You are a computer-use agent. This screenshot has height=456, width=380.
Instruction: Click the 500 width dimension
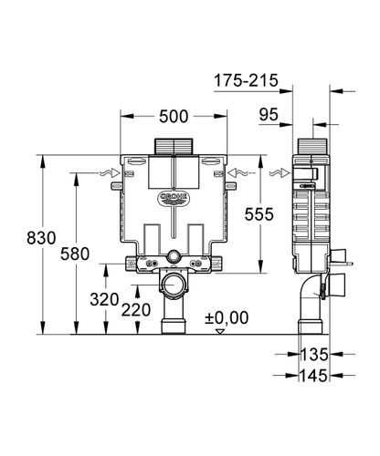pyautogui.click(x=174, y=117)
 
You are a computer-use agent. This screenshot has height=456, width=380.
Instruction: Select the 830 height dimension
pyautogui.click(x=41, y=238)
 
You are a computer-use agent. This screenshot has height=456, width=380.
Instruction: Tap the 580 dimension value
pyautogui.click(x=75, y=254)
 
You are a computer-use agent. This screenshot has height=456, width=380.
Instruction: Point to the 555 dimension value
pyautogui.click(x=259, y=214)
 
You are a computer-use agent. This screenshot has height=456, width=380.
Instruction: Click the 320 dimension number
pyautogui.click(x=104, y=300)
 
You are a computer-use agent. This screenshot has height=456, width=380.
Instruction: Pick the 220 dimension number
pyautogui.click(x=136, y=310)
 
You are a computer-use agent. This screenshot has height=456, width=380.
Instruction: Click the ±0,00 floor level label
pyautogui.click(x=227, y=318)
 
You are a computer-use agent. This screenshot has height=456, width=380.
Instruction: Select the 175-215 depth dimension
pyautogui.click(x=246, y=80)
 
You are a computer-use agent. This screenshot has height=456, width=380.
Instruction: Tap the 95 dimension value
pyautogui.click(x=269, y=115)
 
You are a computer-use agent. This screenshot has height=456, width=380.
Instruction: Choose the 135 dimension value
pyautogui.click(x=314, y=355)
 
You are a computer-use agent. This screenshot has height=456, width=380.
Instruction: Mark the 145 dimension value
pyautogui.click(x=314, y=376)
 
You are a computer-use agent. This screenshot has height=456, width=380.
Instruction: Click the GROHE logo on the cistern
pyautogui.click(x=174, y=199)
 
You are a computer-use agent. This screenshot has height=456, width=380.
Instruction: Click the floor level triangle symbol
pyautogui.click(x=219, y=332)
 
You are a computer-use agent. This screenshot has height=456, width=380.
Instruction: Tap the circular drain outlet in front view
pyautogui.click(x=174, y=285)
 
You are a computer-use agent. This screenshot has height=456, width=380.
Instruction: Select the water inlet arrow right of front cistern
pyautogui.click(x=238, y=173)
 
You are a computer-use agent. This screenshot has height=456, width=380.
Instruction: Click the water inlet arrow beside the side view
pyautogui.click(x=280, y=173)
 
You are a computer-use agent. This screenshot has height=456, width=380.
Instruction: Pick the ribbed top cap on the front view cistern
pyautogui.click(x=174, y=147)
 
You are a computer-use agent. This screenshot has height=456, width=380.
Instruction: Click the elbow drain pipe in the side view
pyautogui.click(x=310, y=301)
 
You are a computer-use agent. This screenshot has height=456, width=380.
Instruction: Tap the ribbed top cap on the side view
pyautogui.click(x=312, y=147)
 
